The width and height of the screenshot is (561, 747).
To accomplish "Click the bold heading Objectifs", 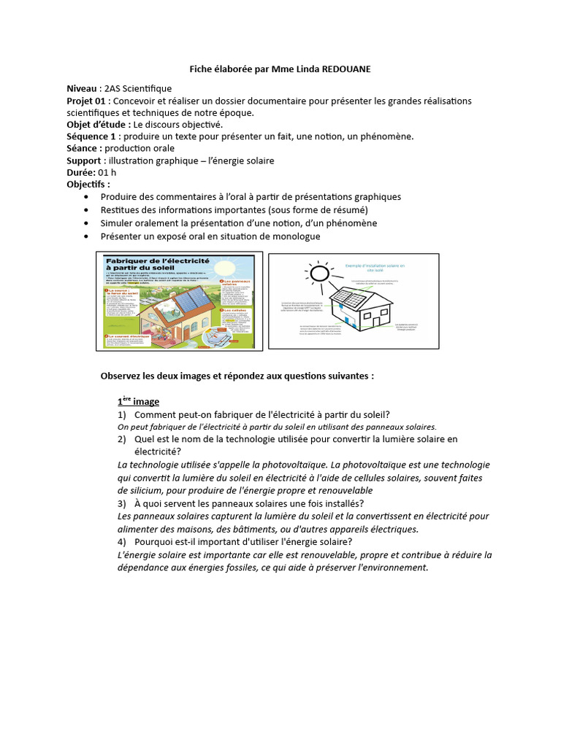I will [x=88, y=185].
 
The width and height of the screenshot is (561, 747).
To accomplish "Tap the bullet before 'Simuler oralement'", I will [x=88, y=223].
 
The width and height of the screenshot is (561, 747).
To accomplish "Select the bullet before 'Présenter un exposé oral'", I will [x=88, y=236].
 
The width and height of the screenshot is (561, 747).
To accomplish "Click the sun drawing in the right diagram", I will [x=318, y=274].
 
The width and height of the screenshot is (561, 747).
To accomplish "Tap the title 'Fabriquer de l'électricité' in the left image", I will [x=157, y=264].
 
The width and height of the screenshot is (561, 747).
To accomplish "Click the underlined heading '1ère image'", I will [x=138, y=402].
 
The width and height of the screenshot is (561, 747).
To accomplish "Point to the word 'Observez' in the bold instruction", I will [x=121, y=376].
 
